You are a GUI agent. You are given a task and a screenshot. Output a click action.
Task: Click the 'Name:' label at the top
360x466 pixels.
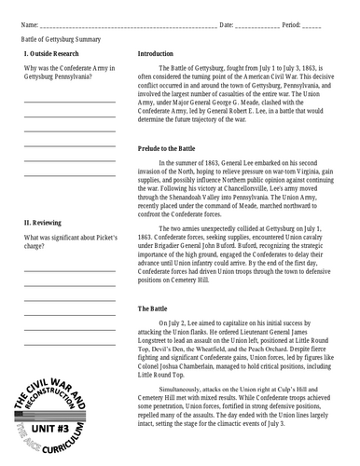(30, 21)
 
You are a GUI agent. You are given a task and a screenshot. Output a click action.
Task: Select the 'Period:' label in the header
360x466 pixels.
(289, 21)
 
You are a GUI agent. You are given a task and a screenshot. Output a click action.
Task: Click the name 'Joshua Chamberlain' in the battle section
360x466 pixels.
(202, 365)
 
